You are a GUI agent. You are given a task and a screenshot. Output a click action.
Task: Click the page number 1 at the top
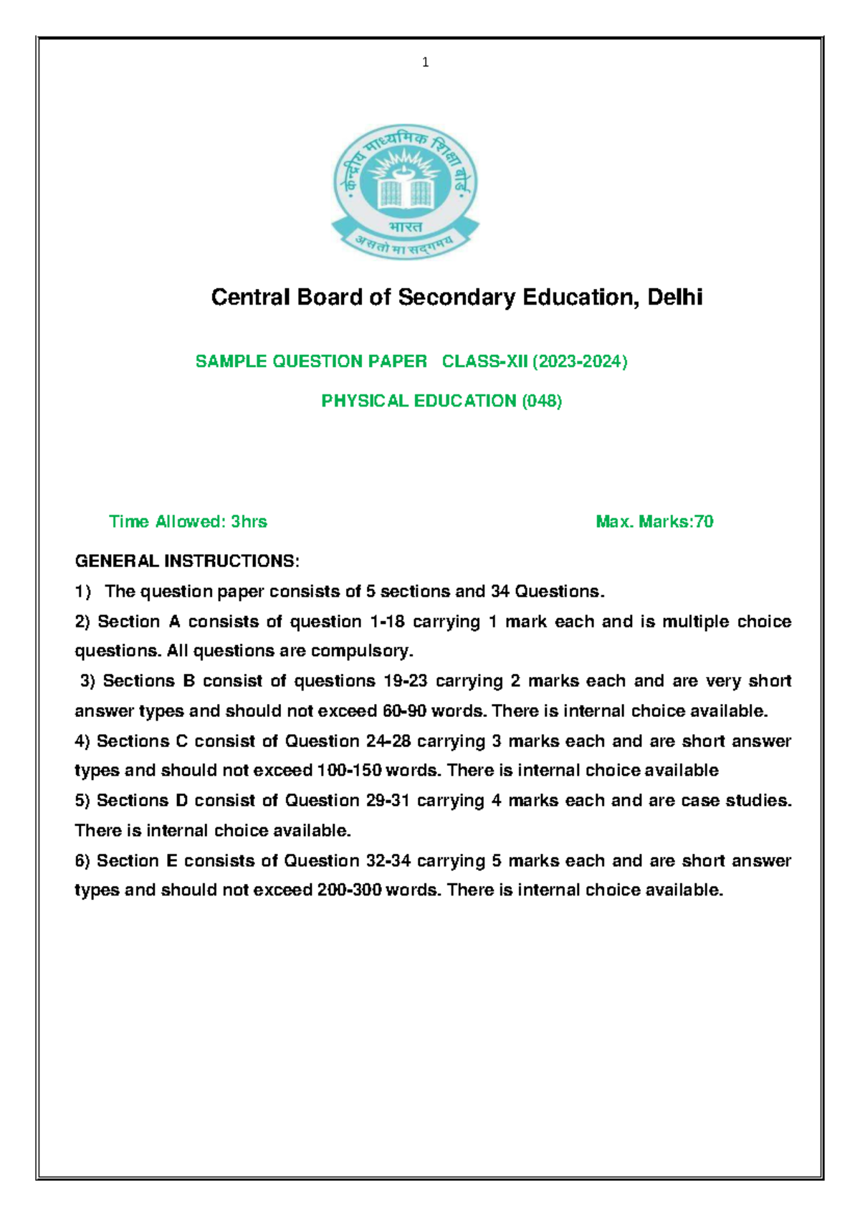(x=426, y=62)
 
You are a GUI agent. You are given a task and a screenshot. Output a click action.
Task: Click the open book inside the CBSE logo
(x=406, y=191)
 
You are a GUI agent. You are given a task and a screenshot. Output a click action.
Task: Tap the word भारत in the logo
(x=406, y=227)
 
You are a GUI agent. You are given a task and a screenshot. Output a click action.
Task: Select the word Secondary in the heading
(x=456, y=297)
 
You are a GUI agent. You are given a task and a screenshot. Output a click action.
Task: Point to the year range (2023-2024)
(x=580, y=361)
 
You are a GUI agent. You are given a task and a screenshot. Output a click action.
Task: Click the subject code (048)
(x=541, y=401)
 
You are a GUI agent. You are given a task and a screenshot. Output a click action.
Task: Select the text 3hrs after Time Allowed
(x=249, y=522)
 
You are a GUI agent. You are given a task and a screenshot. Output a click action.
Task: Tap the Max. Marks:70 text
(x=654, y=522)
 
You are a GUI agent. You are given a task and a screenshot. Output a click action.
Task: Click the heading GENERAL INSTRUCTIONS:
(x=187, y=561)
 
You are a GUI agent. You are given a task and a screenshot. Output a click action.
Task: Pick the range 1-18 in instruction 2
(x=387, y=622)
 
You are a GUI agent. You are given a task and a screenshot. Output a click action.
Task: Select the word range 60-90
(x=405, y=711)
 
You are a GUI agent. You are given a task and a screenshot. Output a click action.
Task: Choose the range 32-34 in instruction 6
(x=388, y=860)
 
